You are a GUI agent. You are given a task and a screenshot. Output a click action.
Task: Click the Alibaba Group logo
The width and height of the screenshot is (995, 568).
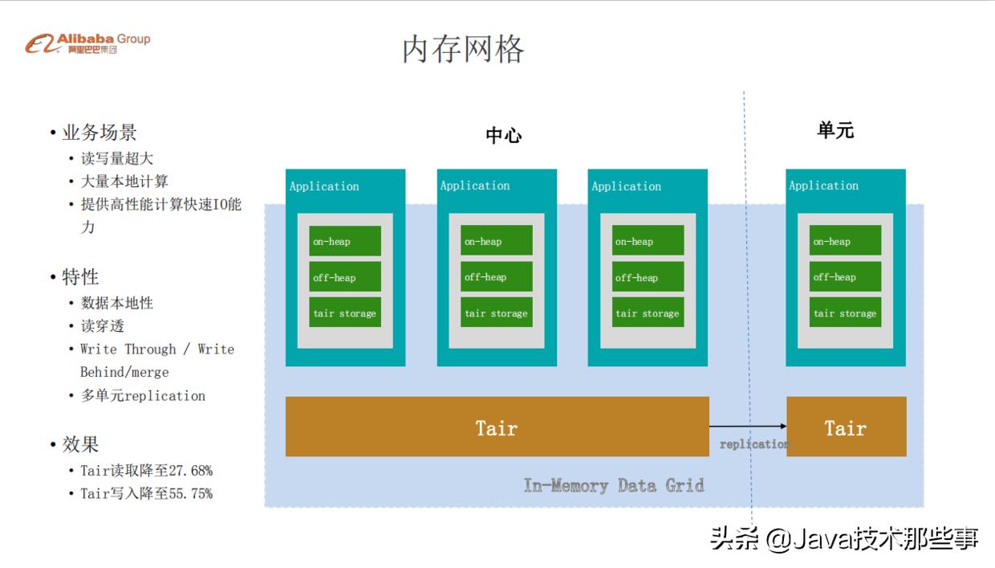pos(87,43)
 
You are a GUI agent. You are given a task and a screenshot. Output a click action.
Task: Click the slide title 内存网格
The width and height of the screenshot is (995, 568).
pos(463,49)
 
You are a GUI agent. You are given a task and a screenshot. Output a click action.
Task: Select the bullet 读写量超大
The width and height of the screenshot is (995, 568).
pos(116,158)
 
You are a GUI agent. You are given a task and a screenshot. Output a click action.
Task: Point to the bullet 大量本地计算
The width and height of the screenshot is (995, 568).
pos(124,182)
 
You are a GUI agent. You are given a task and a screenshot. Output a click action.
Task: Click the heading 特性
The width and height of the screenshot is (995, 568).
pos(80,277)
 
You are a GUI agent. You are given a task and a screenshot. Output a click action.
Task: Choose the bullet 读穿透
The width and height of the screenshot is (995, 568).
pos(102,326)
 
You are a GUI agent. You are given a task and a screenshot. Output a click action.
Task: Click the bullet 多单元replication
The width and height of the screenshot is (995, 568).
pos(143,395)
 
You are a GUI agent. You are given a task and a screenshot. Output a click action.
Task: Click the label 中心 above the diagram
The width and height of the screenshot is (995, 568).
pos(503,135)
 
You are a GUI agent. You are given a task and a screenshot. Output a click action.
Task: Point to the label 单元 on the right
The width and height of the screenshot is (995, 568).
pos(835,130)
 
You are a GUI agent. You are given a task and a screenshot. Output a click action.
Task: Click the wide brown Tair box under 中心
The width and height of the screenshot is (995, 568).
pos(497,427)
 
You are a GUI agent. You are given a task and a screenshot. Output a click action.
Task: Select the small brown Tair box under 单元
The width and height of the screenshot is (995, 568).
pos(846,427)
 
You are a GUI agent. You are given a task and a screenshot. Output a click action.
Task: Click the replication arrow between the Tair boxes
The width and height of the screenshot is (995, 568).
pos(747,427)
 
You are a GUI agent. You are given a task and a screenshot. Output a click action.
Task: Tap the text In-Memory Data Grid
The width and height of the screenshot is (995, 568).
pos(614,485)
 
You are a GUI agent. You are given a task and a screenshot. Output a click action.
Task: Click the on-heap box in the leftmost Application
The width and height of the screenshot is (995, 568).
pos(345,241)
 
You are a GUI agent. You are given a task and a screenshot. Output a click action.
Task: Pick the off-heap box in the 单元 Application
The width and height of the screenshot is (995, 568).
pos(845,277)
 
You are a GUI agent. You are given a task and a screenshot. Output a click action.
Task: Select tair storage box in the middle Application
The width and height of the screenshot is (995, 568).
pos(496,313)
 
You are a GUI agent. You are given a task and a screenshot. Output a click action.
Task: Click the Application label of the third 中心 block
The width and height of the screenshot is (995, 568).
pos(626,186)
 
